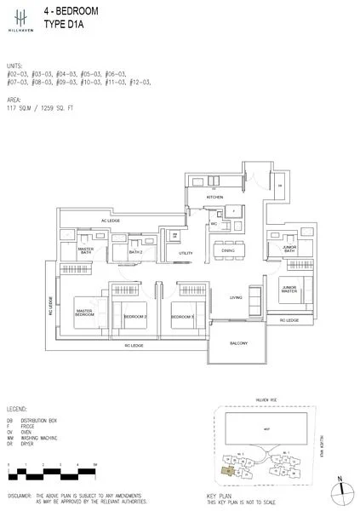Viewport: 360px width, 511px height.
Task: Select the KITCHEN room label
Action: click(214, 198)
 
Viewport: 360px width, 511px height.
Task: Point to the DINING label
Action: click(228, 250)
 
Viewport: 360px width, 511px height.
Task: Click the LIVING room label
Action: click(236, 297)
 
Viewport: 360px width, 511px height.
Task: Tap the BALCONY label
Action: click(238, 342)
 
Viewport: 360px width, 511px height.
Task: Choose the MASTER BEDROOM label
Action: click(84, 313)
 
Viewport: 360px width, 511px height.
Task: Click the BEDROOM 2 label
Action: click(135, 316)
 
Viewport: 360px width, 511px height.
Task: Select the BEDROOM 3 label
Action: click(183, 316)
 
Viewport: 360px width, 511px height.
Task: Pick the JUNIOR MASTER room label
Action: click(289, 290)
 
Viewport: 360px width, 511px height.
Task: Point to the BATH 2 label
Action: click(135, 252)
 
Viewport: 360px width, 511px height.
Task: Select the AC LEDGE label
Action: click(111, 221)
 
